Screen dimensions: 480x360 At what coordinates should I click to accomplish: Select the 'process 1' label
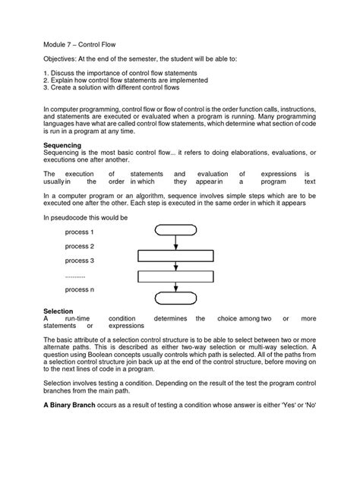pyautogui.click(x=80, y=232)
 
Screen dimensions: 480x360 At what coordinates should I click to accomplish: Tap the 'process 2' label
pyautogui.click(x=80, y=246)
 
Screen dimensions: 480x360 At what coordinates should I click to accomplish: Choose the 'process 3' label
pyautogui.click(x=80, y=261)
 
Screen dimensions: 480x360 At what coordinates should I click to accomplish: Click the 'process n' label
pyautogui.click(x=80, y=289)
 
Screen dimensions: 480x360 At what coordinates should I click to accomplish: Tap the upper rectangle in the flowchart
pyautogui.click(x=175, y=255)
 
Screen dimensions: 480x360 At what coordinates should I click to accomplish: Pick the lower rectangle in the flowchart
pyautogui.click(x=175, y=276)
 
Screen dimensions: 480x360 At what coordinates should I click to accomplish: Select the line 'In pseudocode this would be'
pyautogui.click(x=86, y=217)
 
